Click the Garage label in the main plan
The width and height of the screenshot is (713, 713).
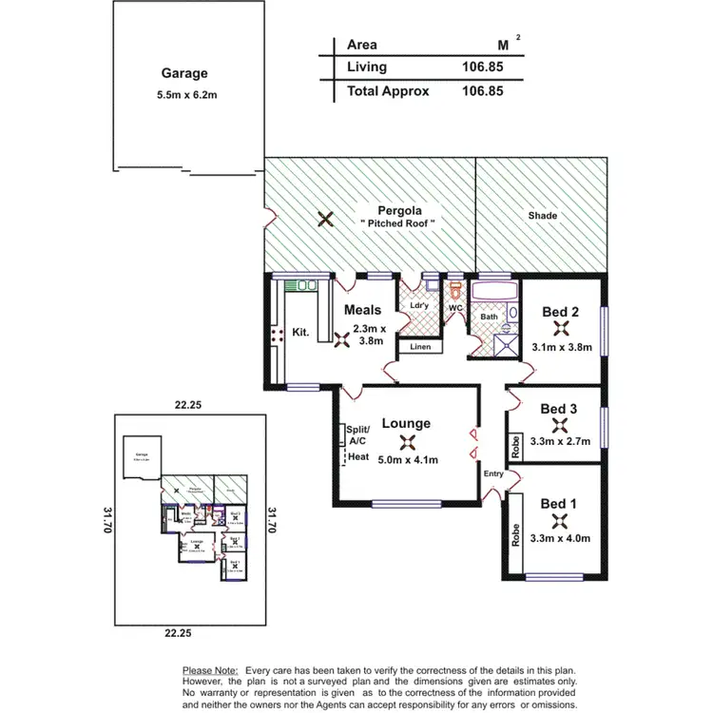coord(184,73)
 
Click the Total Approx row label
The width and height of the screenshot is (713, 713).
coord(388,91)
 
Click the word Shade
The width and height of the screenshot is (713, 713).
coord(542,216)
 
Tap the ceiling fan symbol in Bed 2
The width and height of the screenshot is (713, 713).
coord(560,330)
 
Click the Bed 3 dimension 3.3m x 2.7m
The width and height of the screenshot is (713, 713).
coord(560,440)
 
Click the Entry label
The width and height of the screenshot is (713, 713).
coord(493,473)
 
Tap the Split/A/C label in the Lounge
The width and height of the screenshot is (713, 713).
coord(357,434)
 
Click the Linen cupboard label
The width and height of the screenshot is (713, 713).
coord(420,347)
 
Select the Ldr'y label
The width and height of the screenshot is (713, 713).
coord(419,304)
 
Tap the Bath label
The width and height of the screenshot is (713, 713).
coord(489,317)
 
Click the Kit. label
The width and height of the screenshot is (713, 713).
coord(301,333)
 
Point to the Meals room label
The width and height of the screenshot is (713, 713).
coord(362,310)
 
